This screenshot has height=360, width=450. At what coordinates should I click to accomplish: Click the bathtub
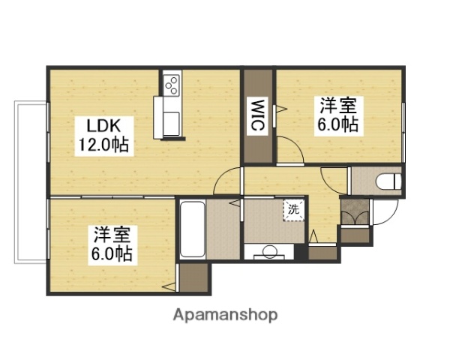(x=192, y=229)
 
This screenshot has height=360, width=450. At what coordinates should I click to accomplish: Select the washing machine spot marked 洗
(x=293, y=210)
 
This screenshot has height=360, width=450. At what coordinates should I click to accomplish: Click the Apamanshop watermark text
(x=224, y=314)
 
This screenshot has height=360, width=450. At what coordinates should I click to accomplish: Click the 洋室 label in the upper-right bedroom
(x=335, y=106)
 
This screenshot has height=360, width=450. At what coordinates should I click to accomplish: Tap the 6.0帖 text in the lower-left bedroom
(x=112, y=253)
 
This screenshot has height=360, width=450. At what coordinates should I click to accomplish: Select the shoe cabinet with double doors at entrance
(x=354, y=211)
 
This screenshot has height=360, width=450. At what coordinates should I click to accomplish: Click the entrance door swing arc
(x=384, y=211)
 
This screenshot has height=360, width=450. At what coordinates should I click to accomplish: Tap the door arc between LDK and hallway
(x=228, y=182)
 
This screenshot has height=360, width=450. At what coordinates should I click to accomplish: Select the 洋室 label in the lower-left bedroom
(x=112, y=234)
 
